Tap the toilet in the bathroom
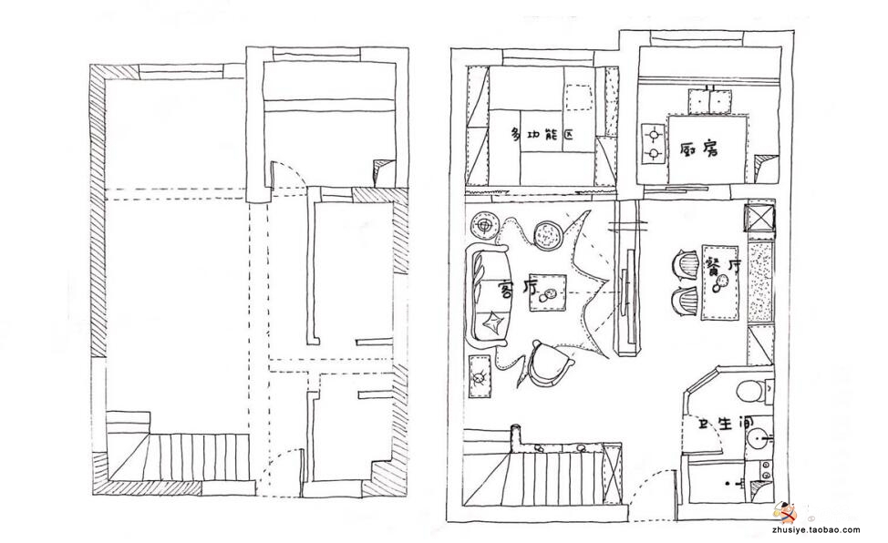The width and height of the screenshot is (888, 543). [752, 391]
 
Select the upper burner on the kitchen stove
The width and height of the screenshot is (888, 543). [654, 136]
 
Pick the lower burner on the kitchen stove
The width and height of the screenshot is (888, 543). [654, 153]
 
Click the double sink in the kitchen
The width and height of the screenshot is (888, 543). [707, 101]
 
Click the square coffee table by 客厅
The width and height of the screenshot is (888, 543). [548, 292]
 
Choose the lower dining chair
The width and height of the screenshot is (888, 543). [686, 301]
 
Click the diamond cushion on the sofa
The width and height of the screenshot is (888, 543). [492, 324]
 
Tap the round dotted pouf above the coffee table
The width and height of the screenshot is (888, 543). [548, 234]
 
